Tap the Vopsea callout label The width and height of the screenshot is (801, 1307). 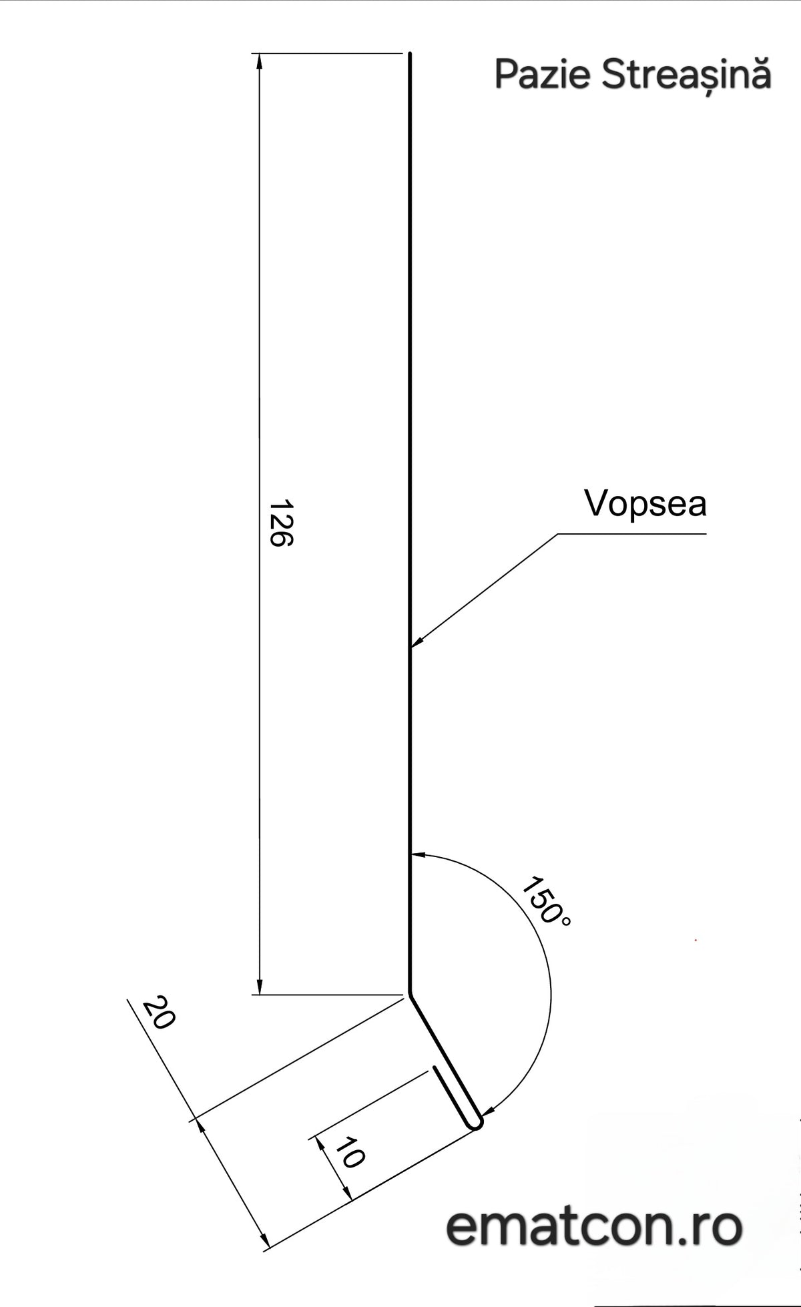(x=645, y=505)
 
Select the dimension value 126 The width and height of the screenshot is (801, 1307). (x=281, y=523)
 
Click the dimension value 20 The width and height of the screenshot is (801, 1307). (x=159, y=1014)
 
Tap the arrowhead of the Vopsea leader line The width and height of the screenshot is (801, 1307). (x=416, y=641)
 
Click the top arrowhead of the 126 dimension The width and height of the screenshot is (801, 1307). (x=260, y=60)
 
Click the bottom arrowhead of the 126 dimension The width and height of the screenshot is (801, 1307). (x=260, y=987)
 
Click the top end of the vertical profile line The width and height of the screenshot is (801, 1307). (x=410, y=53)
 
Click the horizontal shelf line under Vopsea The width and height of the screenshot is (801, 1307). (x=631, y=534)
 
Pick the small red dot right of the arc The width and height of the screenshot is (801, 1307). (x=696, y=940)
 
